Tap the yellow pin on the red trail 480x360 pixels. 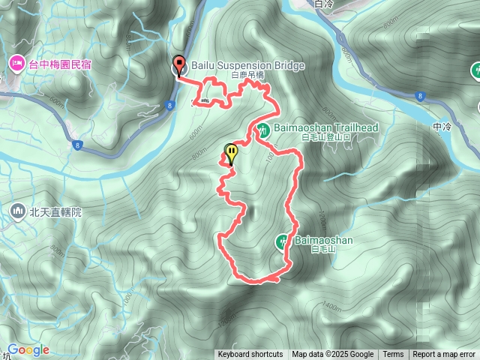pos(232,153)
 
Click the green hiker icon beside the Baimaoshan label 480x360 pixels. pos(282,241)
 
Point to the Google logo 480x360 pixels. pos(28,350)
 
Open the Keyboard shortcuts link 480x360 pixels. pos(250,355)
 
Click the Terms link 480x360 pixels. pos(393,355)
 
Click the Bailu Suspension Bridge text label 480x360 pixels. pos(248,66)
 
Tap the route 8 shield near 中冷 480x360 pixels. pos(421,96)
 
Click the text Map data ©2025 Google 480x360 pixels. pos(332,355)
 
